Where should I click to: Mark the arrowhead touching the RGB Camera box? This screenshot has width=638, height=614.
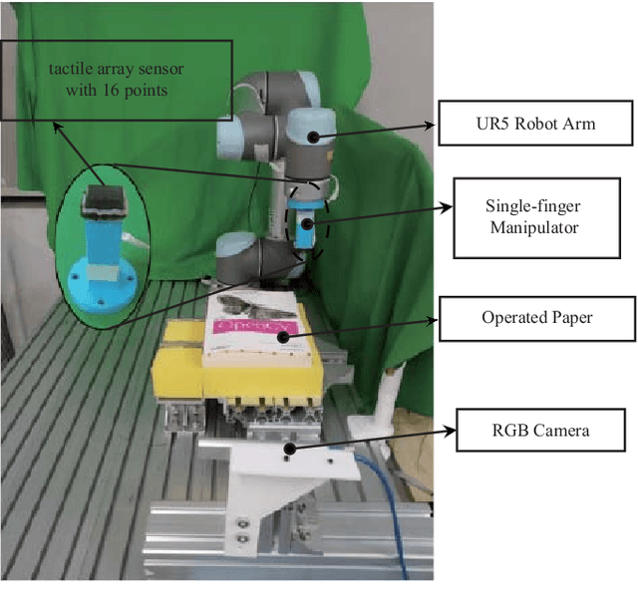(450, 431)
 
